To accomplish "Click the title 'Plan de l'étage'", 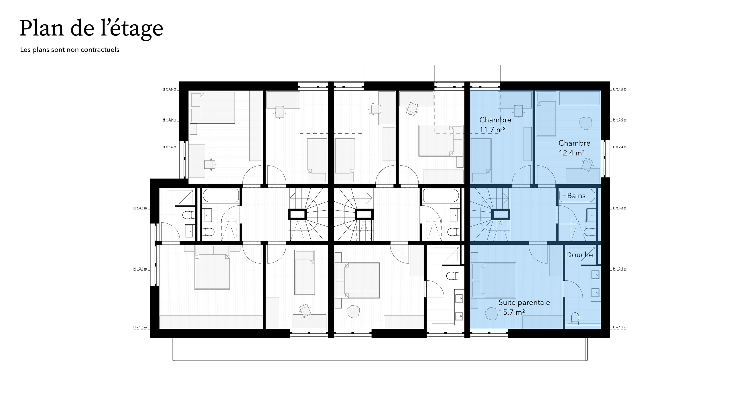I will [91, 29].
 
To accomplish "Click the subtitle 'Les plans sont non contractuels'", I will [70, 50].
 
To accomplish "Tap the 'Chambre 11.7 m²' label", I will [495, 125].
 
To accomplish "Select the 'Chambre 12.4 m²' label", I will [574, 148].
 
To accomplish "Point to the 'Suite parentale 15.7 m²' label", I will [524, 307].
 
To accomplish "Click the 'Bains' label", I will [576, 196].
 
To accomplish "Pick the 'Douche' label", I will [579, 255].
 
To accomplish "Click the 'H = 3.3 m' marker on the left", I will [140, 208].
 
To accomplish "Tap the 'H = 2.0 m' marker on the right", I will [620, 120].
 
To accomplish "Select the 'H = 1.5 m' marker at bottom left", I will [140, 327].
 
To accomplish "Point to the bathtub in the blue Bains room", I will [577, 196].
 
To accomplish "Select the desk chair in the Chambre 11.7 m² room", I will [519, 110].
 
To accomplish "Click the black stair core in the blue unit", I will [500, 214].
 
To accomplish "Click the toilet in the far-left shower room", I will [188, 214].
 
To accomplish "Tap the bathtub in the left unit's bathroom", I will [221, 196].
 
